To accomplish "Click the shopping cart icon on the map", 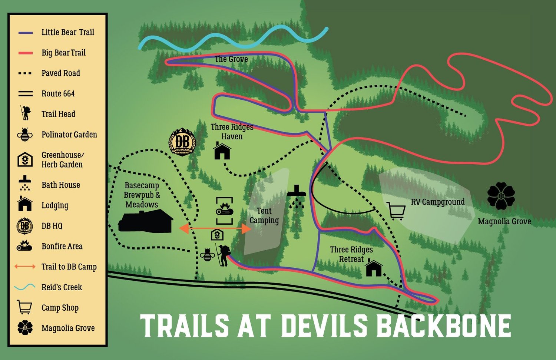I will coord(396,210).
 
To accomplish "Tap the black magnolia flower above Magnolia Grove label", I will coord(501,196).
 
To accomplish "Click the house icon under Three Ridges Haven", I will coord(222,151).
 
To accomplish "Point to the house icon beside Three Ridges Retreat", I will coord(374,268).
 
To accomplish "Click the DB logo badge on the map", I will coord(182,142).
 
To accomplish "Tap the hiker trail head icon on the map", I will coord(223,255).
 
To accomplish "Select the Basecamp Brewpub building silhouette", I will coord(146,221).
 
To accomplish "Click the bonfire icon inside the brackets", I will coord(224,210).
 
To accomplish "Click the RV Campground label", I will coord(437,202).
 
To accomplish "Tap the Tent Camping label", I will coord(264,215).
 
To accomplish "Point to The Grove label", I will coord(231,59).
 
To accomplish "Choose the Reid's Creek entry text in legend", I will coord(62,287).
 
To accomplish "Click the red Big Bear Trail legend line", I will coord(26,53).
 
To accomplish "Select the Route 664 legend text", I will coord(58,93).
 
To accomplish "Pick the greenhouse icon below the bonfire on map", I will coord(217,235).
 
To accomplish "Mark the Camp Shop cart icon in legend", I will coord(24,307).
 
